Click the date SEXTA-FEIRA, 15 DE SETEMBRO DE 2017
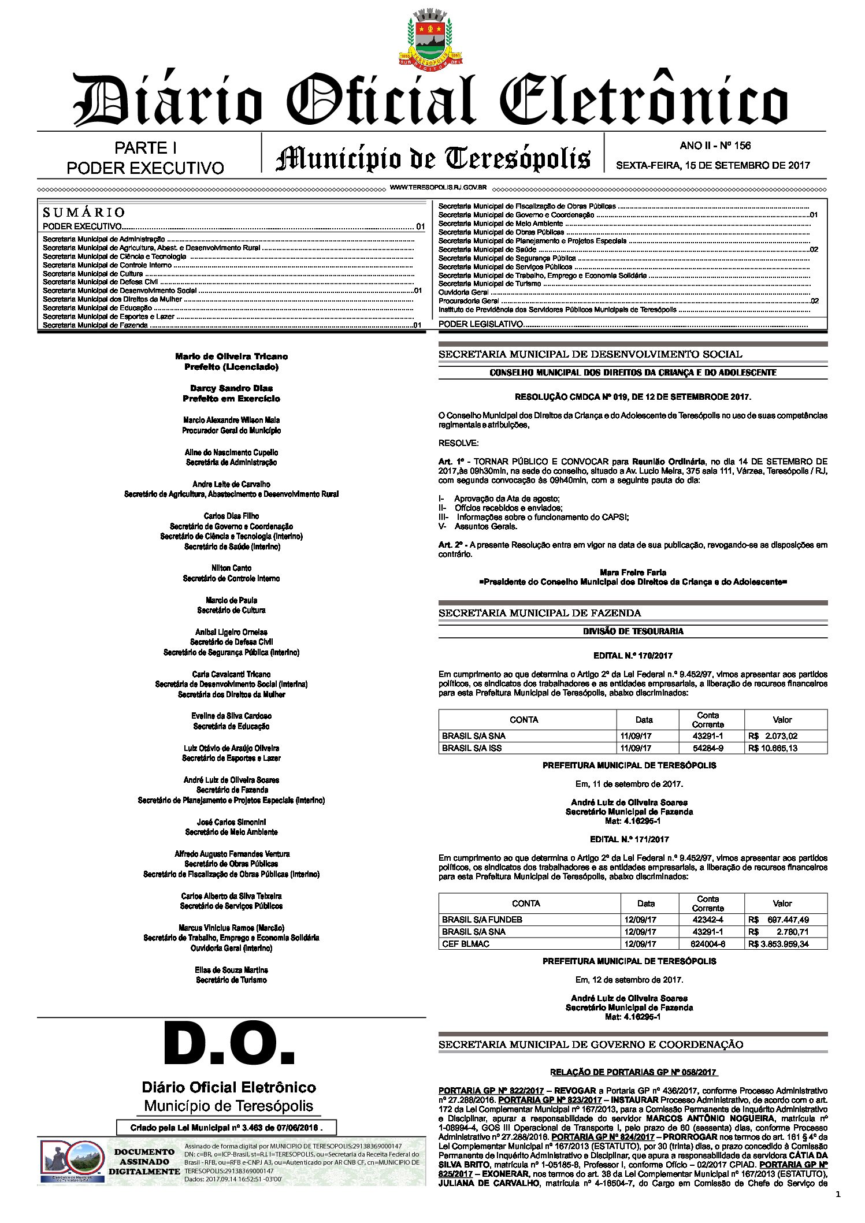(x=713, y=165)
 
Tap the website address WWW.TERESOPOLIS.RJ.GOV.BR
(x=438, y=188)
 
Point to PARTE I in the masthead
(x=145, y=148)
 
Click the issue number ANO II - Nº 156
(x=715, y=146)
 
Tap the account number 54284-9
(x=708, y=748)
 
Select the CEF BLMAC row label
(x=466, y=944)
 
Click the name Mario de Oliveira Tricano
(x=231, y=356)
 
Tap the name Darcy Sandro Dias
(x=231, y=388)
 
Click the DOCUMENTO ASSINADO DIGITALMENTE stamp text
(x=144, y=1162)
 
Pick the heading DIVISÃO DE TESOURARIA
(x=633, y=631)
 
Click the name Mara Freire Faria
(x=633, y=573)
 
